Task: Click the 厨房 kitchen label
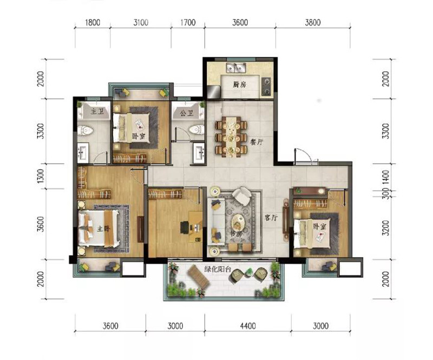[239, 85]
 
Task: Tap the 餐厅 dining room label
[256, 142]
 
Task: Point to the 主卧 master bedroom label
[103, 229]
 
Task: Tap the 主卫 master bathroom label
[97, 112]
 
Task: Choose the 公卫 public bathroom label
[187, 113]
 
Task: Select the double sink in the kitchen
[236, 68]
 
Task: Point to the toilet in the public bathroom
[196, 129]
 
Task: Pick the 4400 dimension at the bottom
[248, 326]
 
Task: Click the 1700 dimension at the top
[188, 23]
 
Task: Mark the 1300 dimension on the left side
[40, 176]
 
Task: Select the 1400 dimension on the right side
[386, 177]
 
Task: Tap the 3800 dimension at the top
[313, 23]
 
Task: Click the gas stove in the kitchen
[266, 86]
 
